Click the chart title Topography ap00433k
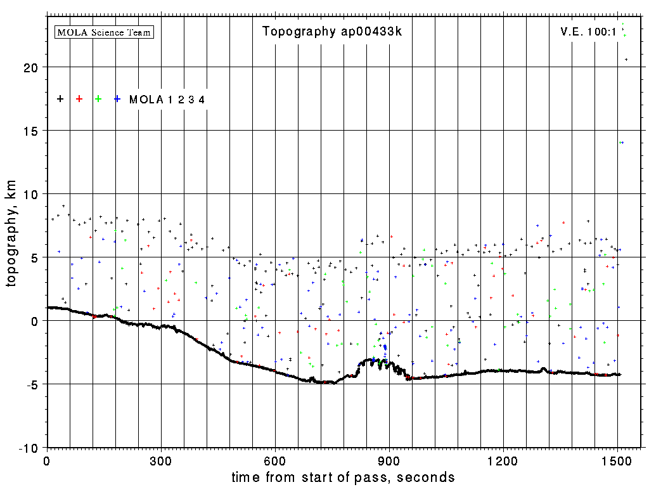[x=332, y=32]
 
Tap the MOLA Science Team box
[x=105, y=32]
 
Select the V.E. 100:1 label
[x=588, y=32]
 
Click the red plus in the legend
[x=79, y=99]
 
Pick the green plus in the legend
[x=98, y=99]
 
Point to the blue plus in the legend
[x=117, y=99]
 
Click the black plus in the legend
[x=60, y=99]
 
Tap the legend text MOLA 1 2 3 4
[x=167, y=100]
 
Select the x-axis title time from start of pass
[x=343, y=477]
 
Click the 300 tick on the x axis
[x=161, y=460]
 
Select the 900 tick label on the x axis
[x=389, y=460]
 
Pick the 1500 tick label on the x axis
[x=617, y=460]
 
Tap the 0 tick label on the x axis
[x=47, y=460]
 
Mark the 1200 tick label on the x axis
[x=503, y=460]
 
